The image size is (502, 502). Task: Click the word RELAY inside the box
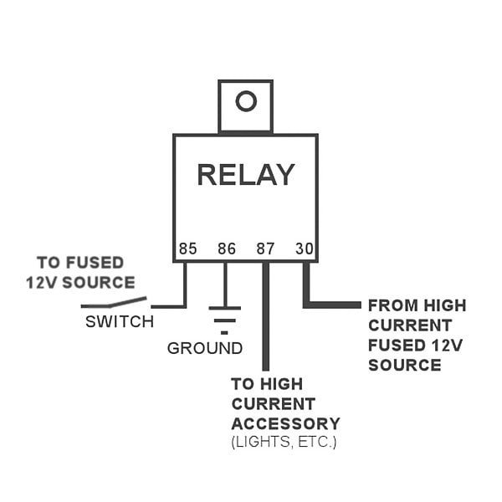pyautogui.click(x=245, y=175)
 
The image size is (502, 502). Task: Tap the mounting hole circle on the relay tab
pyautogui.click(x=245, y=102)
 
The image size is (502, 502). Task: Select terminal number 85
pyautogui.click(x=187, y=248)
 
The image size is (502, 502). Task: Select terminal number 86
pyautogui.click(x=226, y=248)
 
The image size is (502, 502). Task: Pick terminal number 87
pyautogui.click(x=265, y=248)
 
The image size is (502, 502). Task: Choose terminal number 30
pyautogui.click(x=304, y=248)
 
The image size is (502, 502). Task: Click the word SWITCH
pyautogui.click(x=120, y=321)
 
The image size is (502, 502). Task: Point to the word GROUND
pyautogui.click(x=205, y=348)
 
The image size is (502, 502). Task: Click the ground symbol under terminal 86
pyautogui.click(x=225, y=318)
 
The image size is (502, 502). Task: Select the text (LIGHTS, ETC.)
pyautogui.click(x=283, y=441)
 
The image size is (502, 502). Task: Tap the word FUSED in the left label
pyautogui.click(x=95, y=263)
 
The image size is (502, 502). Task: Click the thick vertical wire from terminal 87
pyautogui.click(x=265, y=326)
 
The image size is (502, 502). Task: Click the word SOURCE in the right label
pyautogui.click(x=404, y=365)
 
